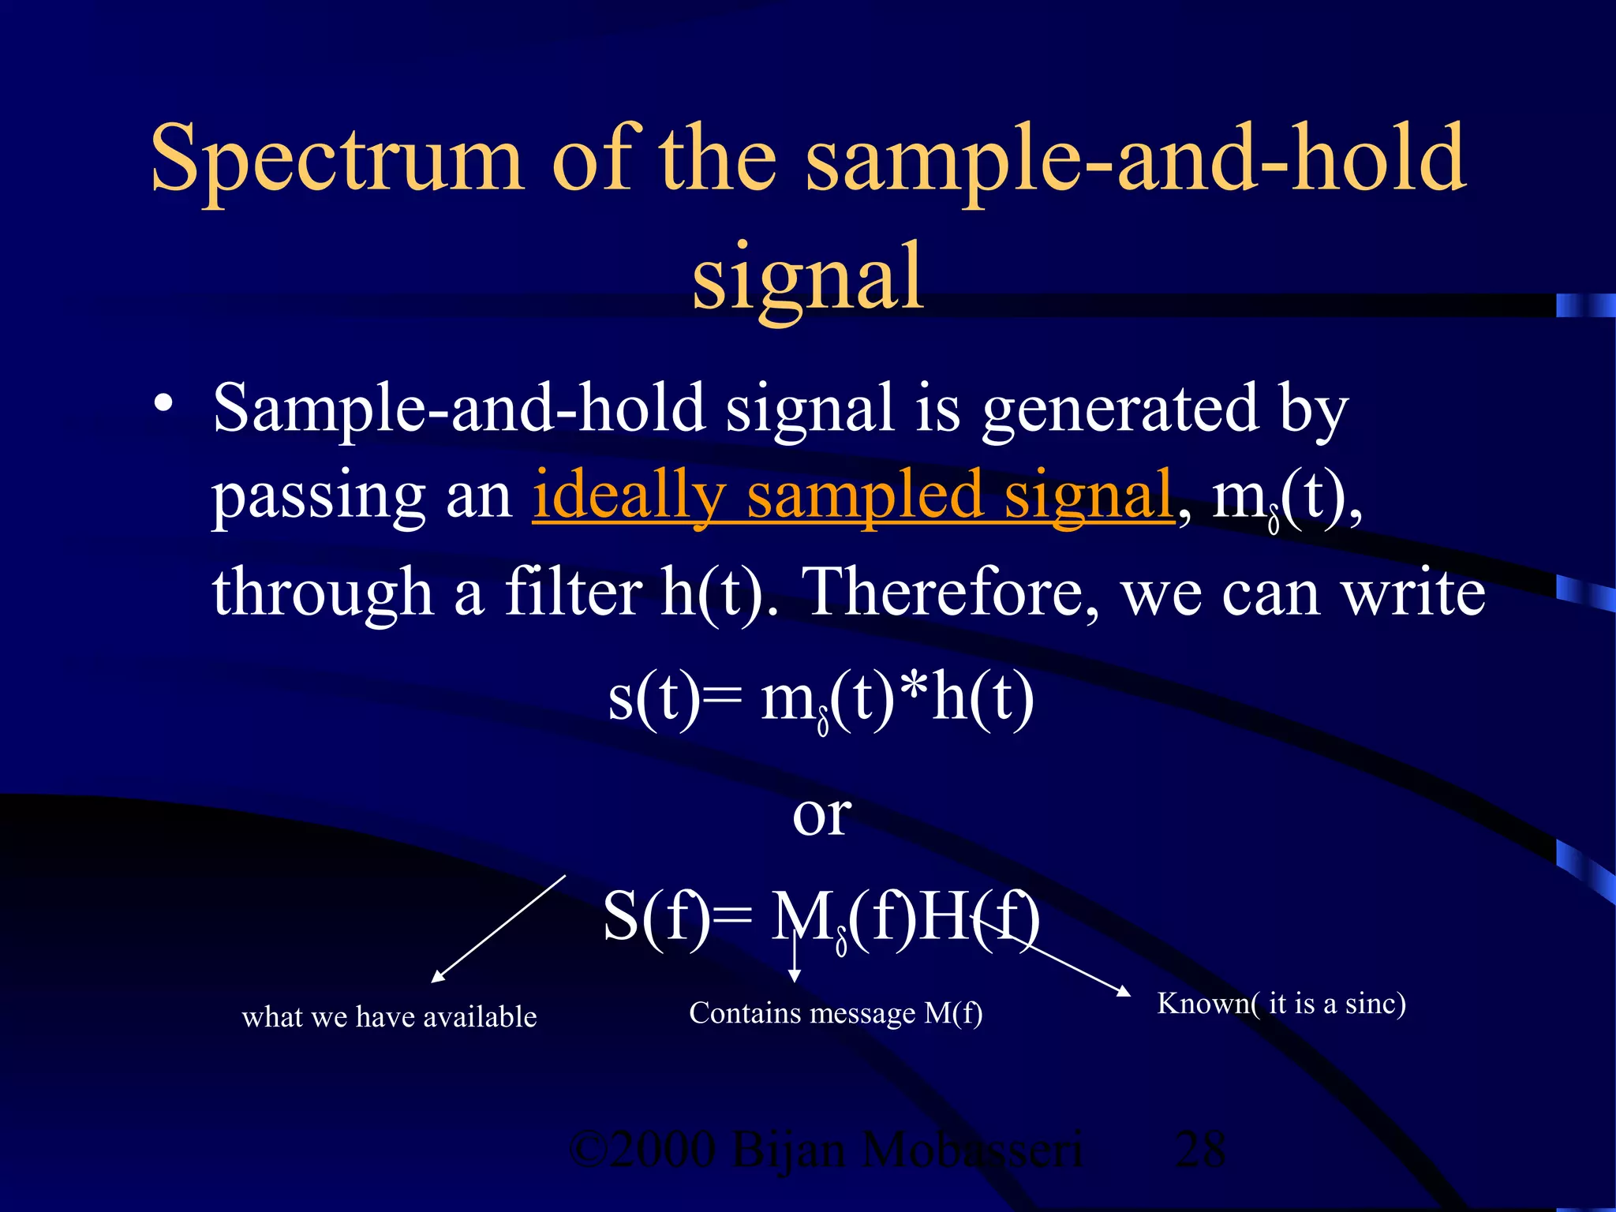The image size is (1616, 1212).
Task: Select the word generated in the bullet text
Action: click(1120, 410)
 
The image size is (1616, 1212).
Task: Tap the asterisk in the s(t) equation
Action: click(914, 690)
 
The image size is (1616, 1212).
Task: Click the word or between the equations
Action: click(821, 815)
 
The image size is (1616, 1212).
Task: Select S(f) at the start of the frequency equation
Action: click(655, 918)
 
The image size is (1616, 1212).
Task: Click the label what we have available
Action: click(389, 1017)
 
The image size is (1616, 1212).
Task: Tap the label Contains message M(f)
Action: click(836, 1013)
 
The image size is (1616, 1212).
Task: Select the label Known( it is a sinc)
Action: click(1281, 1004)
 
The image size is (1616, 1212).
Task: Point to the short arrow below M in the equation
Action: click(795, 963)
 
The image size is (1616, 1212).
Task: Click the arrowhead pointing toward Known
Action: click(1124, 991)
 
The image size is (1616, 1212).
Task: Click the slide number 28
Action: click(1199, 1150)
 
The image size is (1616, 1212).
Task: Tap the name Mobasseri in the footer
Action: click(971, 1150)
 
